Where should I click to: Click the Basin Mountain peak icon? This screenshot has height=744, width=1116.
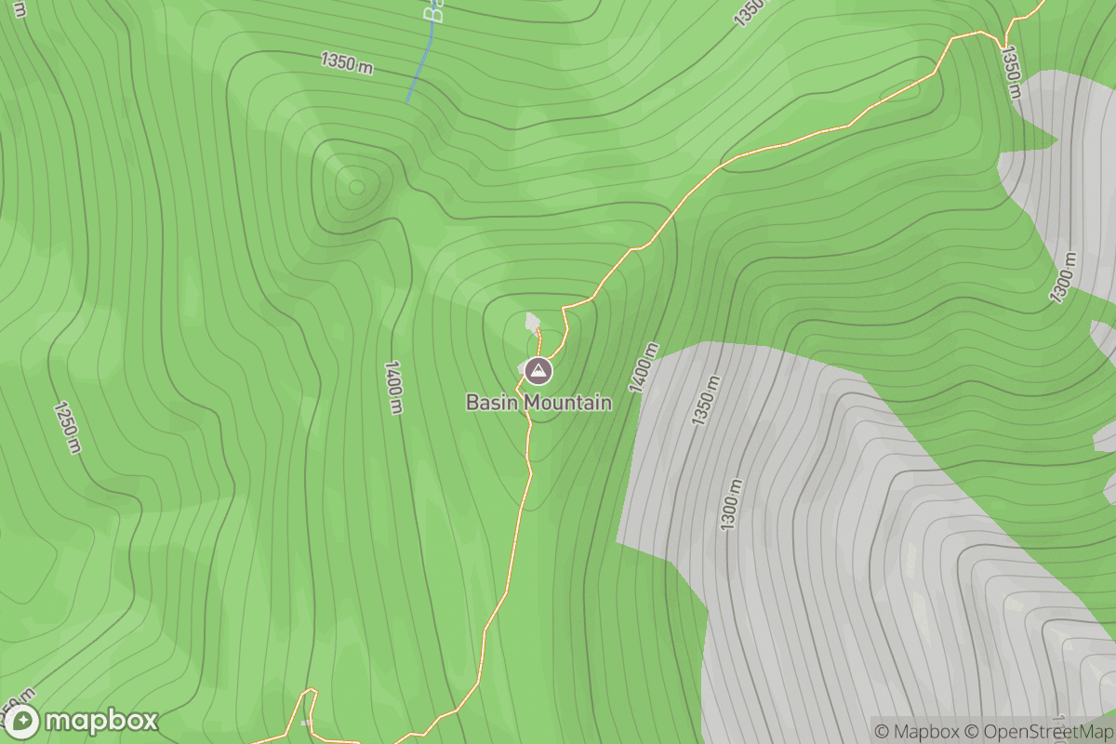tap(538, 372)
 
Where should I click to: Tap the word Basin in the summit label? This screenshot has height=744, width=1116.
tap(492, 403)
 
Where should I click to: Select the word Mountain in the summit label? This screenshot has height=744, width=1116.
tap(567, 403)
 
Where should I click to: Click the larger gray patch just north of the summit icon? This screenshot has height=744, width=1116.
tap(532, 322)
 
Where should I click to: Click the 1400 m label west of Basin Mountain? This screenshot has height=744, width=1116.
tap(393, 387)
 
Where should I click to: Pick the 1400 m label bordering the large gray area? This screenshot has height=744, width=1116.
tap(644, 366)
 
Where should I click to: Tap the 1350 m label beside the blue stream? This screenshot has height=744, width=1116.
tap(347, 63)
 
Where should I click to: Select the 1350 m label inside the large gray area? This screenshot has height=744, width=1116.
tap(707, 400)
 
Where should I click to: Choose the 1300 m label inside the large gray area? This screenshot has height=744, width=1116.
tap(732, 505)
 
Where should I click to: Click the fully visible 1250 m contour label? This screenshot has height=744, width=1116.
tap(67, 427)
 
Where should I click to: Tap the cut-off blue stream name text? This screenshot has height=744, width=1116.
tap(433, 9)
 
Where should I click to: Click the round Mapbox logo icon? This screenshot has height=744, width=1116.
tap(21, 722)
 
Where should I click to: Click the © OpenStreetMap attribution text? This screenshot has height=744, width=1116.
tap(1037, 731)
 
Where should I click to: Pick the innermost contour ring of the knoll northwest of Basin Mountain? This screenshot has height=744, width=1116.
tap(356, 187)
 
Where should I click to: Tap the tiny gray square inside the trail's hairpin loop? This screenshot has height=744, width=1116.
tap(305, 723)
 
